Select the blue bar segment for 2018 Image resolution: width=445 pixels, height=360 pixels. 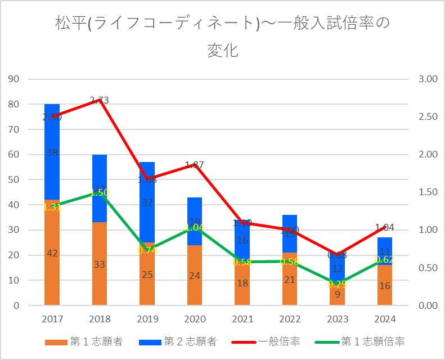[x=100, y=169]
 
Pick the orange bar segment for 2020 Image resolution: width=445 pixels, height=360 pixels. [x=195, y=287]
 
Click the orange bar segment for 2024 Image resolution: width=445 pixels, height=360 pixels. [x=385, y=292]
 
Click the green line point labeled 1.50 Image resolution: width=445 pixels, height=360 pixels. [x=100, y=192]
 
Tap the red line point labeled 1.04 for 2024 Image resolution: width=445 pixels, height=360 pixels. [x=385, y=227]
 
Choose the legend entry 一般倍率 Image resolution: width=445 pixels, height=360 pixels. [x=279, y=341]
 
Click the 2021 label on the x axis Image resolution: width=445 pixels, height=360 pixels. [x=242, y=319]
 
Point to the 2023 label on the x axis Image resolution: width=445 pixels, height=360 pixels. [x=338, y=319]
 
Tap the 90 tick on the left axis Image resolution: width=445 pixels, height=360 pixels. [x=14, y=79]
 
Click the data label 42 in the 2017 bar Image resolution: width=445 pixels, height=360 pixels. [x=52, y=254]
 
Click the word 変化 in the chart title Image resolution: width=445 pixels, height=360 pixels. [x=223, y=50]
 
